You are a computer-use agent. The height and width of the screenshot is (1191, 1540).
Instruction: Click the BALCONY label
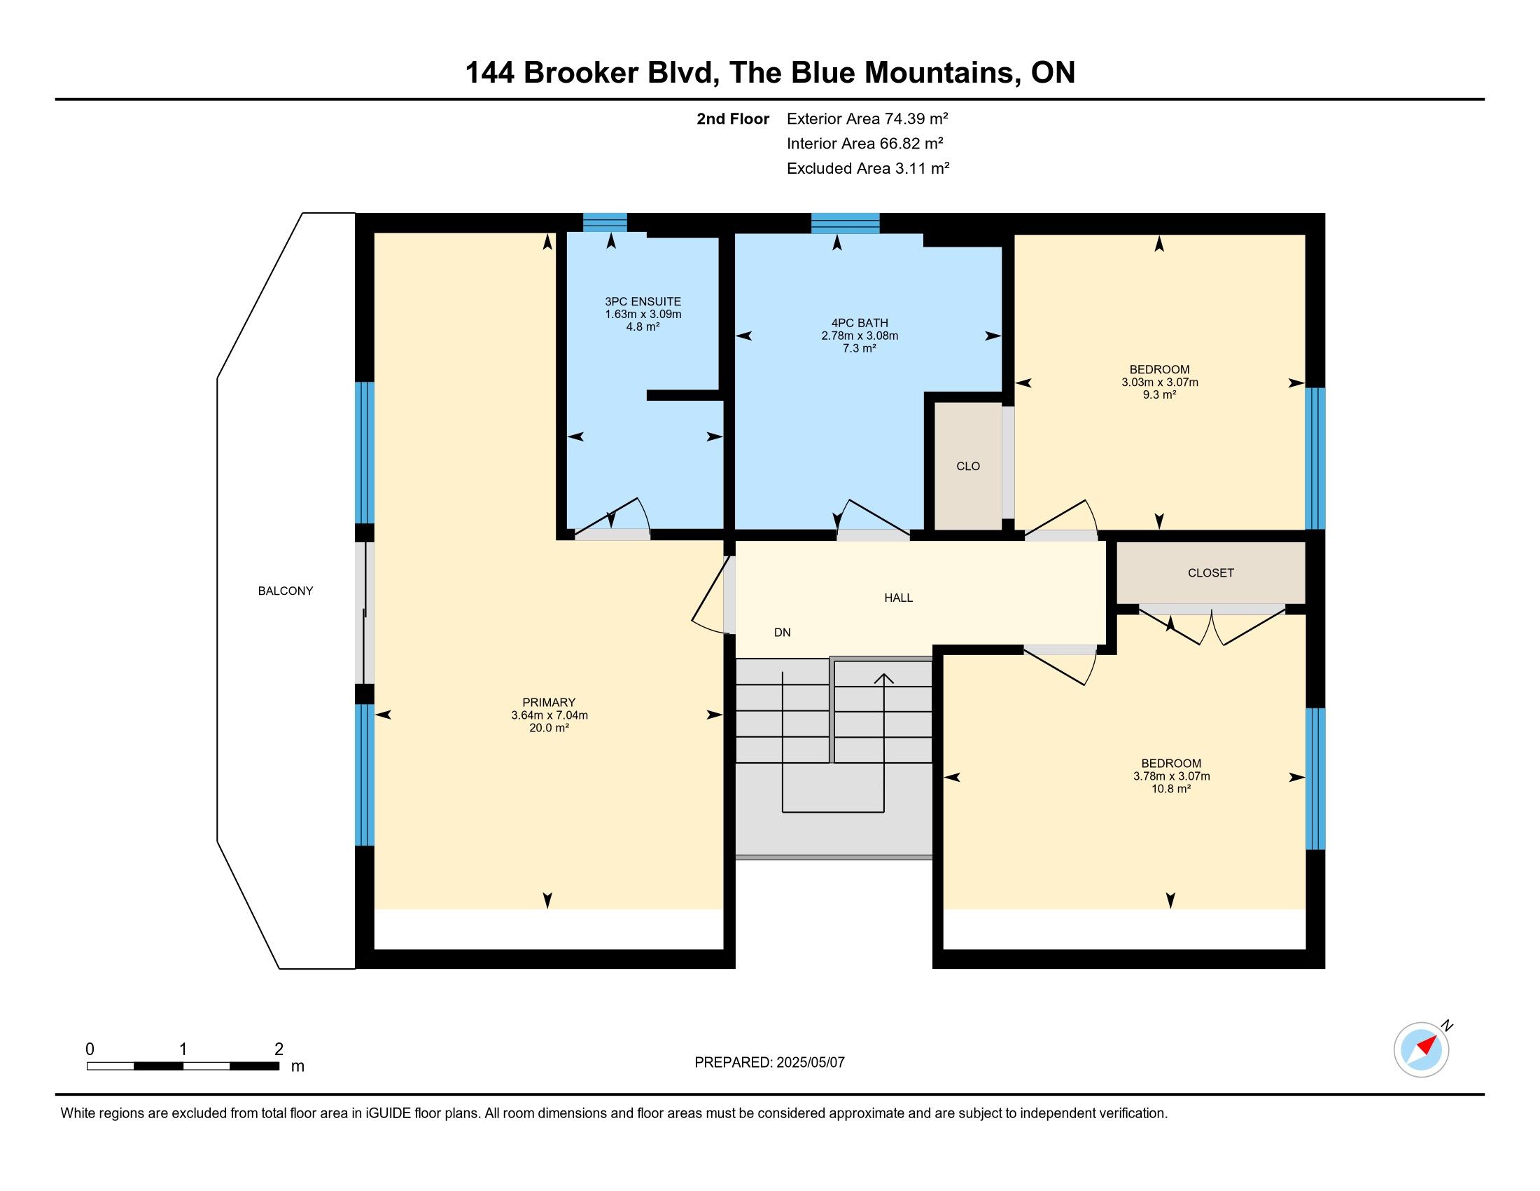pos(285,591)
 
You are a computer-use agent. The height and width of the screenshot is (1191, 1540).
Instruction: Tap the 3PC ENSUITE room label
pos(643,301)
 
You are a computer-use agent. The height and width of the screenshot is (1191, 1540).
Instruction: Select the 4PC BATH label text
pos(859,323)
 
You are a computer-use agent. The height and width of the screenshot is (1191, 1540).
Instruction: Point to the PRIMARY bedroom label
pos(549,702)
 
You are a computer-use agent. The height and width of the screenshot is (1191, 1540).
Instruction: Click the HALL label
pos(898,598)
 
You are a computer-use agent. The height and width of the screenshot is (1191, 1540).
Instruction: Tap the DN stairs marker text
pos(782,633)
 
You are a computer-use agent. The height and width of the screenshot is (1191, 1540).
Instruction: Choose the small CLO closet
pos(968,467)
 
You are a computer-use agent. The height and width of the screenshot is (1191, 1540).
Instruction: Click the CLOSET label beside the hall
pos(1211,573)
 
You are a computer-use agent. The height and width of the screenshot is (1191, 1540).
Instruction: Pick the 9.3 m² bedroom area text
pos(1159,395)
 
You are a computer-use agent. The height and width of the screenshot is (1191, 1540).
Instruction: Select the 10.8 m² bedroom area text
pos(1171,789)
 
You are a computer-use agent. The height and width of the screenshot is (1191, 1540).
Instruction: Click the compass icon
pos(1422,1049)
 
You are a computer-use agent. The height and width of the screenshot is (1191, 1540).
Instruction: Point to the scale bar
pos(183,1066)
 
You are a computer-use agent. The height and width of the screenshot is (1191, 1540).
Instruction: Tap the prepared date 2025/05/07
pos(810,1063)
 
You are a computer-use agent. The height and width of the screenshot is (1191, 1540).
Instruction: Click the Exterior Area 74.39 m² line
pos(867,118)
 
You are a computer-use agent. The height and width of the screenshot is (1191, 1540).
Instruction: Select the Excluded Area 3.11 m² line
pos(868,169)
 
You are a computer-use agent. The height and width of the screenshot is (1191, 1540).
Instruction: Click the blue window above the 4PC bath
pos(846,223)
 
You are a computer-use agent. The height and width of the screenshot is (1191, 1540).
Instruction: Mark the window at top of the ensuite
pos(605,222)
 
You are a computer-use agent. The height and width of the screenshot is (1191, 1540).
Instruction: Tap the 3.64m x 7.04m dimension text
pos(549,715)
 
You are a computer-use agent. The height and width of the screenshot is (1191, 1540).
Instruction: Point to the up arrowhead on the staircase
pos(883,679)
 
